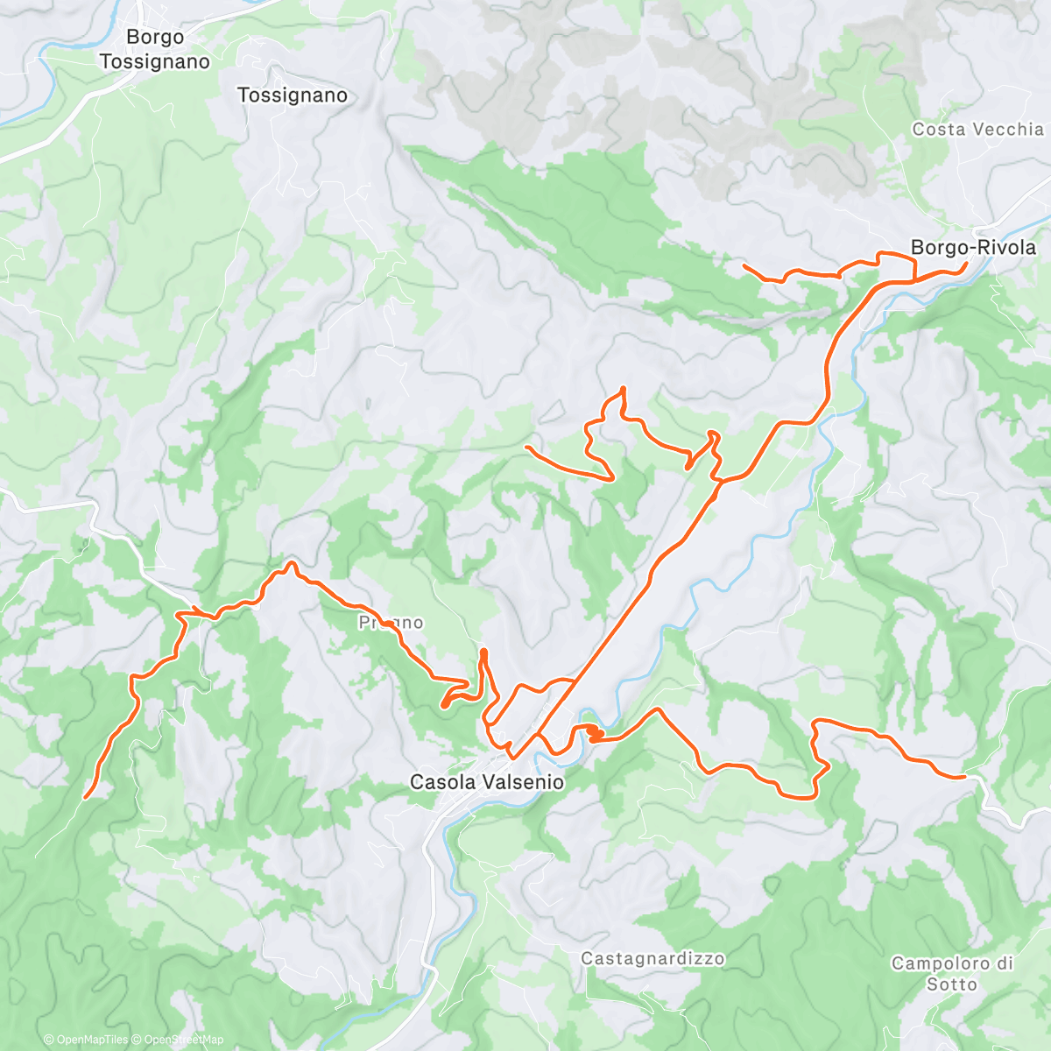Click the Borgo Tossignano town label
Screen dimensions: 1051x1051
(155, 49)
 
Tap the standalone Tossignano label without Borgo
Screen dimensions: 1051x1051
(293, 95)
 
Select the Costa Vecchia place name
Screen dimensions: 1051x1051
(977, 130)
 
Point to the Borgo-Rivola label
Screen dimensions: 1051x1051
(973, 248)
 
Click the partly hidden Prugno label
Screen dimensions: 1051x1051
(391, 623)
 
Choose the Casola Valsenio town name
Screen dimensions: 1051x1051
(487, 782)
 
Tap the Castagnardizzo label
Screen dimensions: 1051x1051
(652, 959)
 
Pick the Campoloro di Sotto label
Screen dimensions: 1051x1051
(952, 974)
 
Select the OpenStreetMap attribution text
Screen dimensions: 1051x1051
(183, 1040)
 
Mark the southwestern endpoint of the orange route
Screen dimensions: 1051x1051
(86, 797)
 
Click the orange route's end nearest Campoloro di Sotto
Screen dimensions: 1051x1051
(963, 776)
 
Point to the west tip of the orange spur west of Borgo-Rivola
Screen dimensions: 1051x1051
(744, 265)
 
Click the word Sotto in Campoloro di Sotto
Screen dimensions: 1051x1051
(952, 984)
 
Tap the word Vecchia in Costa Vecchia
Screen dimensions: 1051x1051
(1011, 130)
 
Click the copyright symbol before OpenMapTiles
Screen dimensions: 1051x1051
(48, 1040)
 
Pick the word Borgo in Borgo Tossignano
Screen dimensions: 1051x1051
(155, 37)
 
